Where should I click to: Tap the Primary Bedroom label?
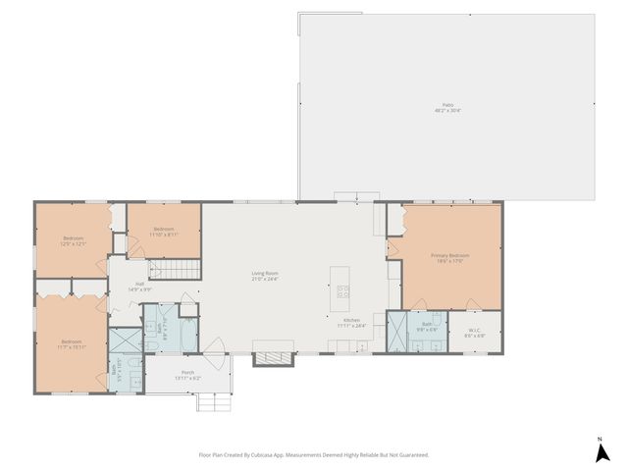(451, 257)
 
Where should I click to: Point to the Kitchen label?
(351, 322)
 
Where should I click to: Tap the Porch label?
(187, 374)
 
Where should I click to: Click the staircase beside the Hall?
(178, 269)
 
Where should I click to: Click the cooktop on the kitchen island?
(343, 291)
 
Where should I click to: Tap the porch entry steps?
(214, 401)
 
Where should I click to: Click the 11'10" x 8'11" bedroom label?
(163, 232)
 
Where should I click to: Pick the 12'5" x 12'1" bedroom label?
(75, 240)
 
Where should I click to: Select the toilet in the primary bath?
(439, 339)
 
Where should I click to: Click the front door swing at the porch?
(215, 346)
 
